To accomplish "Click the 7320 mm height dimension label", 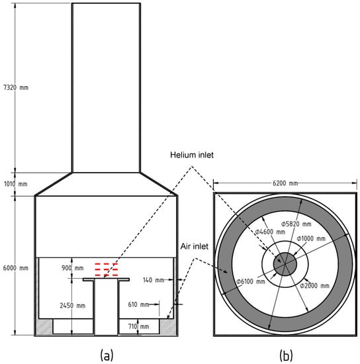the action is [x=16, y=87].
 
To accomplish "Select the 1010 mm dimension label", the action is [x=16, y=184].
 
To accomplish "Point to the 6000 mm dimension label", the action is [x=15, y=268].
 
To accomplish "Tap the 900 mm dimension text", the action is [x=72, y=268].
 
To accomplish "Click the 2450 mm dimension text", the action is [x=73, y=305].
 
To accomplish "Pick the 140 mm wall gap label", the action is [x=153, y=280].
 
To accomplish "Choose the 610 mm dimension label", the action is [x=138, y=304].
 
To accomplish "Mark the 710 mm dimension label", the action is [x=138, y=326].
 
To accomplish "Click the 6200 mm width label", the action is [x=285, y=183].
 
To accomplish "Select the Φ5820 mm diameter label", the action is [x=296, y=224].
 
